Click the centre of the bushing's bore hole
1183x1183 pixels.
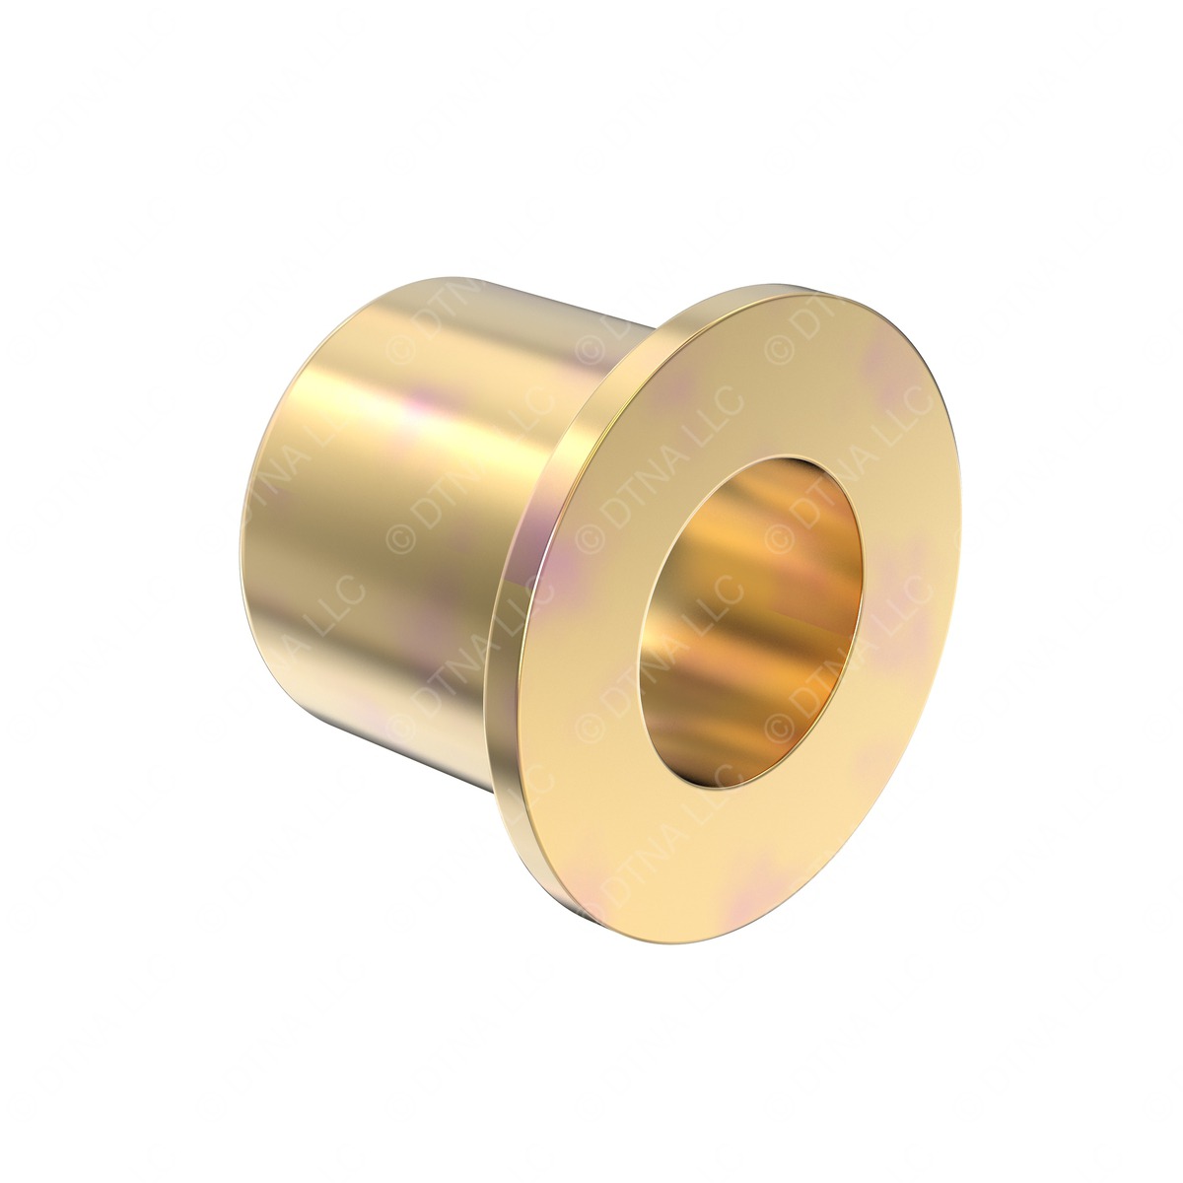click(x=751, y=622)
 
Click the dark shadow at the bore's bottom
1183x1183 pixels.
click(x=710, y=769)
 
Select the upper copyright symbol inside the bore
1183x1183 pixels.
click(x=779, y=537)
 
